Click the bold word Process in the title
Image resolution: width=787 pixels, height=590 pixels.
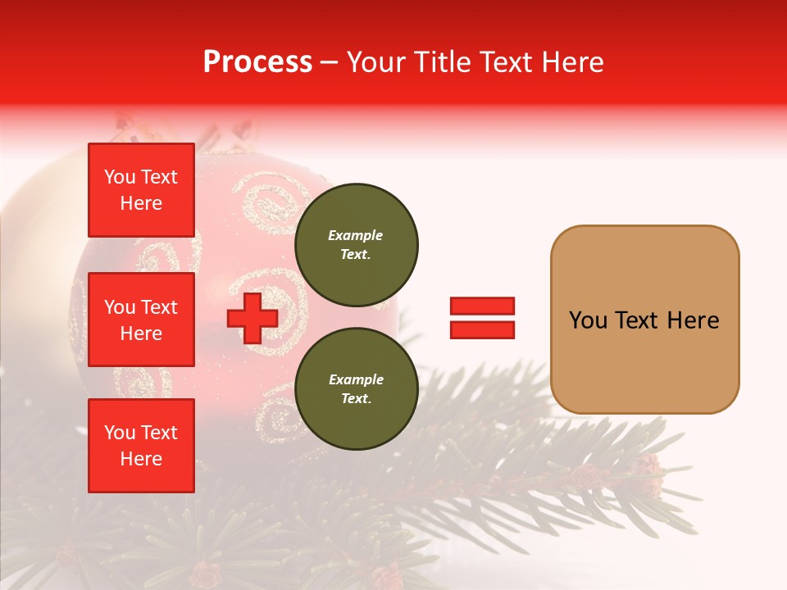[257, 62]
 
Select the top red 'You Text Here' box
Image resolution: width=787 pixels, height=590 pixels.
[141, 190]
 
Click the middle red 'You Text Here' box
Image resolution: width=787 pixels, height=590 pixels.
[141, 320]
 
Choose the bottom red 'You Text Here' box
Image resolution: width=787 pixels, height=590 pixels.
[141, 446]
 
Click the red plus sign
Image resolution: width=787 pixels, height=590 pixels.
[252, 319]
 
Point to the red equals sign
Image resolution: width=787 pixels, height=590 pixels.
[482, 318]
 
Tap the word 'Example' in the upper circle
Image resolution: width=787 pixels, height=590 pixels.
[356, 235]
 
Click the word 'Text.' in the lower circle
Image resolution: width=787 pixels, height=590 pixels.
[356, 399]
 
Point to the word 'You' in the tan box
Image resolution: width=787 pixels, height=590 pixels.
[588, 320]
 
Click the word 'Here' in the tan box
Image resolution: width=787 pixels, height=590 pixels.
[693, 320]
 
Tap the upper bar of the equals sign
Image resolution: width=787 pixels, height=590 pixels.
[482, 306]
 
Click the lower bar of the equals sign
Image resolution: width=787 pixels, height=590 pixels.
[482, 329]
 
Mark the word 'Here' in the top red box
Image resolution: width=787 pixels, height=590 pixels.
[141, 203]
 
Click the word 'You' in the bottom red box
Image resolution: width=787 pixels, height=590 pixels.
[120, 433]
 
